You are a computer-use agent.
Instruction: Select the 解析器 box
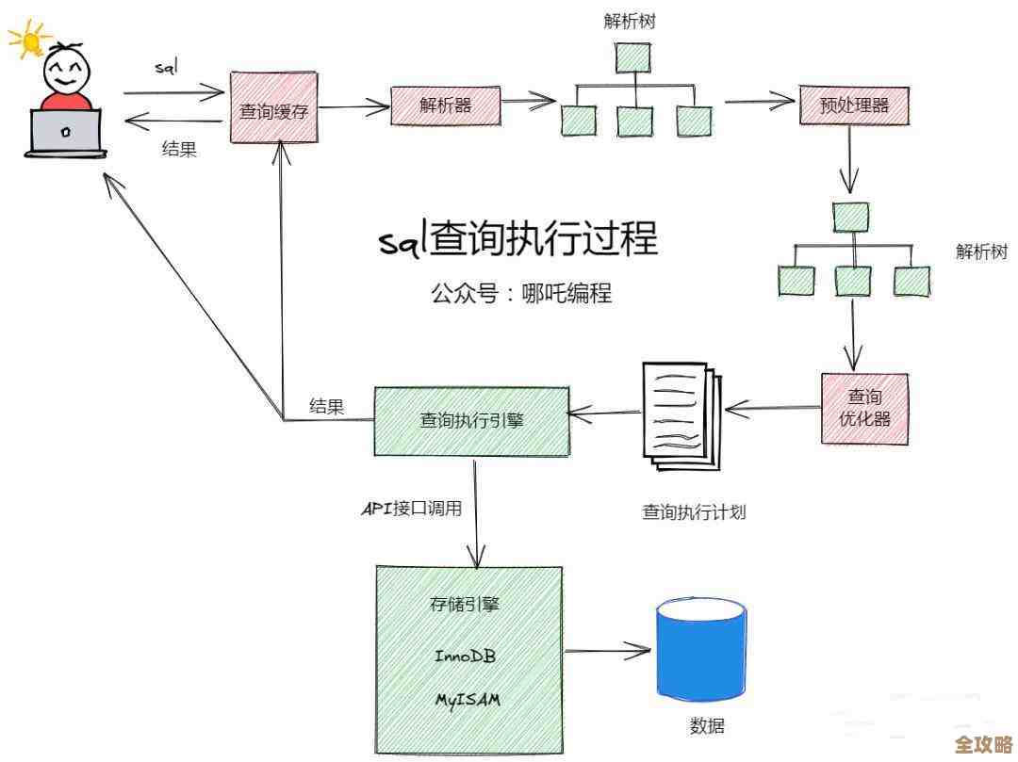click(445, 105)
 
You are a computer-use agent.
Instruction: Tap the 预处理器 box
click(854, 105)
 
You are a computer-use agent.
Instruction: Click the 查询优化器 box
click(864, 408)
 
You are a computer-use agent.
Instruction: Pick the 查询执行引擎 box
click(472, 420)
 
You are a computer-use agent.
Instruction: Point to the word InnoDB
click(465, 656)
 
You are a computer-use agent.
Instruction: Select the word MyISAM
click(467, 700)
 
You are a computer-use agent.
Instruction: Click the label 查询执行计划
click(694, 512)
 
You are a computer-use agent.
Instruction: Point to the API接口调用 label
click(413, 509)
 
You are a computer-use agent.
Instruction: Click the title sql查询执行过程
click(517, 238)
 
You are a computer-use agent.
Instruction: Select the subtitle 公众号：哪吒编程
click(521, 293)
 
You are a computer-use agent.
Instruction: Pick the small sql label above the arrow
click(166, 69)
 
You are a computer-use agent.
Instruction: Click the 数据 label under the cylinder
click(707, 726)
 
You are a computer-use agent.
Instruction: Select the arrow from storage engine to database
click(607, 650)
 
